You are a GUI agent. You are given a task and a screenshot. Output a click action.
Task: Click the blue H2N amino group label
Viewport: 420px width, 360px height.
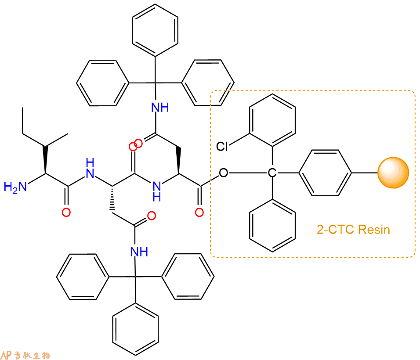[x=15, y=187]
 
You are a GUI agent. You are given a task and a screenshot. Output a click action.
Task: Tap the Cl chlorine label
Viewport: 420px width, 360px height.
[x=222, y=146]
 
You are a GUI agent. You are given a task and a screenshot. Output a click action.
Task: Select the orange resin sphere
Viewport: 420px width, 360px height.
[x=393, y=173]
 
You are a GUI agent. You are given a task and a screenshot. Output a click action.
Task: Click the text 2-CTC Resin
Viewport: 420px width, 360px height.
[x=353, y=229]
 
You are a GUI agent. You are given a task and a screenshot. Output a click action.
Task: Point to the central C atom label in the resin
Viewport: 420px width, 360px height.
[x=272, y=173]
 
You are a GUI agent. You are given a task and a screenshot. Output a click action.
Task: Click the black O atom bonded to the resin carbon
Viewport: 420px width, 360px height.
[x=223, y=173]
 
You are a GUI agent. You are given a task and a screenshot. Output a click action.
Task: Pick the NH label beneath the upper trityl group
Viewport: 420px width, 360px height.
[x=160, y=108]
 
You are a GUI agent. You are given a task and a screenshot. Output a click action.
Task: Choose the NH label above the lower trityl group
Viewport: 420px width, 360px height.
[x=139, y=252]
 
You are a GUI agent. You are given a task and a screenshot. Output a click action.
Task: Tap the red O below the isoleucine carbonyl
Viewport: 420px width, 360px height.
[x=66, y=212]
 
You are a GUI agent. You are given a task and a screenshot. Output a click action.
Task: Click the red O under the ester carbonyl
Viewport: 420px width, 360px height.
[x=199, y=212]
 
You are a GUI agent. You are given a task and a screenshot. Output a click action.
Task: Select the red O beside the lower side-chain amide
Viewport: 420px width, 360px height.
[x=152, y=216]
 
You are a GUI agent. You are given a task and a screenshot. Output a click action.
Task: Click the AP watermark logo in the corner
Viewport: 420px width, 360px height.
[x=25, y=355]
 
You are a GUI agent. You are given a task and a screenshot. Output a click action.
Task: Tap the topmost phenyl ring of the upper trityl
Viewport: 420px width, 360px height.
[x=155, y=30]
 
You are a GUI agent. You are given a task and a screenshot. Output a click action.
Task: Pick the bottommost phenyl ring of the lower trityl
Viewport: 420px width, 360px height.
[x=135, y=329]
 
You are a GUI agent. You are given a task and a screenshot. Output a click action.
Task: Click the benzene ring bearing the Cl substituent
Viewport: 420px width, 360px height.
[x=272, y=120]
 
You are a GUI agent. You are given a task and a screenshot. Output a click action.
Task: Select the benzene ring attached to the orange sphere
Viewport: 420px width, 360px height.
[x=325, y=173]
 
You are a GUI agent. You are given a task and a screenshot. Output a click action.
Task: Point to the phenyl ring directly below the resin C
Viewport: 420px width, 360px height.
[x=272, y=225]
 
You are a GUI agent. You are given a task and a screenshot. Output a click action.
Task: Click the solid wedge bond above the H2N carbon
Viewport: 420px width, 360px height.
[x=46, y=160]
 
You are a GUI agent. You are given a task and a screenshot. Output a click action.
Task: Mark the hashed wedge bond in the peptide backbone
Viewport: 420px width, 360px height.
[x=112, y=199]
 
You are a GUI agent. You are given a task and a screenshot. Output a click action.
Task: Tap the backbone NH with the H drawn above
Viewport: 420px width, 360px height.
[x=90, y=168]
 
